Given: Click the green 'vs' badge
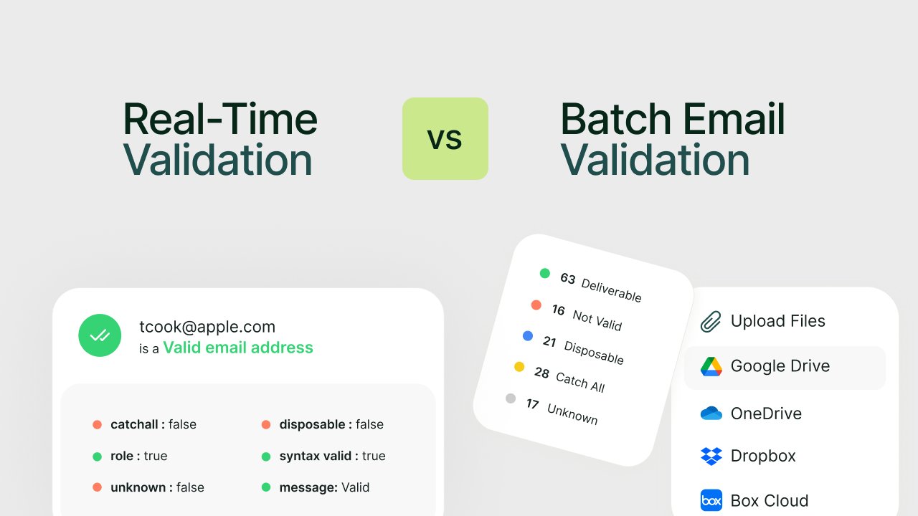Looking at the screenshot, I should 445,138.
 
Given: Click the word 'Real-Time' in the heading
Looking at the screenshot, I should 220,119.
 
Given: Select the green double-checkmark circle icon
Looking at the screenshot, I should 100,335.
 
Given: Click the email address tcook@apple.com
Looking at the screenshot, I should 207,327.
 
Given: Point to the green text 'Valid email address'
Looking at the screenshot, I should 238,348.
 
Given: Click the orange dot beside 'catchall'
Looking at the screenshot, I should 97,424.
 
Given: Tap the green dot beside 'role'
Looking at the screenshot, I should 97,456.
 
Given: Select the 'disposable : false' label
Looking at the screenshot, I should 331,424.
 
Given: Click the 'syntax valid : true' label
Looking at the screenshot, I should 332,456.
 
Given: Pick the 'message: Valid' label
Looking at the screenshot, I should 324,487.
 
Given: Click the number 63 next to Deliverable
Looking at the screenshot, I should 568,278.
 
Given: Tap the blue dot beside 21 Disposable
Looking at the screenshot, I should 528,335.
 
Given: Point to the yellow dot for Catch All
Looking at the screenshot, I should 519,367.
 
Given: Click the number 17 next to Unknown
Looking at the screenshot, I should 532,404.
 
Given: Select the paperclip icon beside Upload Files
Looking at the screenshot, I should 710,322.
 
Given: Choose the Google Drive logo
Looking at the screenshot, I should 711,366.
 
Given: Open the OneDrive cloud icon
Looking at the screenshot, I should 711,414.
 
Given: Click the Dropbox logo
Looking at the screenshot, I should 711,456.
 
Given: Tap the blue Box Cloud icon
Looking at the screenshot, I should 711,500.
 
